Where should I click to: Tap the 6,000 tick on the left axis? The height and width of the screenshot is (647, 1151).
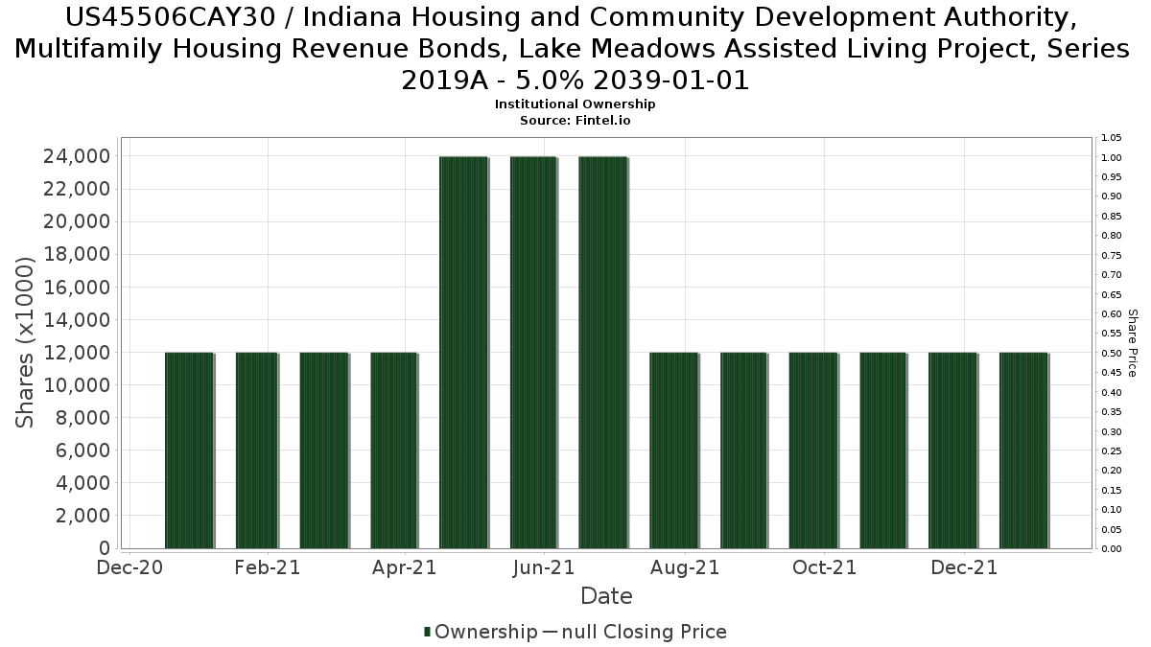coord(82,451)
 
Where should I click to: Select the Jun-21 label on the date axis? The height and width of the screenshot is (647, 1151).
coord(544,567)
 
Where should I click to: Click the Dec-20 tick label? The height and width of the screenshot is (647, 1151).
coord(129,567)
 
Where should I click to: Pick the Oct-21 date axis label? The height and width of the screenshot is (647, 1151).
coord(824,567)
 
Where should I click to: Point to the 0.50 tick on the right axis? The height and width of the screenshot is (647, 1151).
coord(1112,353)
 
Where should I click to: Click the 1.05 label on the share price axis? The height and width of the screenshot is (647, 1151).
coord(1112,138)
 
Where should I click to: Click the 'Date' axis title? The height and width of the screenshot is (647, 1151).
coord(606,596)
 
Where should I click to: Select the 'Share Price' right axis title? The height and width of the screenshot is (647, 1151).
coord(1133,342)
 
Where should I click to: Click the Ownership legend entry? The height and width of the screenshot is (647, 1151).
coord(481,632)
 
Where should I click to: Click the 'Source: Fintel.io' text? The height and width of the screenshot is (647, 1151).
coord(575,121)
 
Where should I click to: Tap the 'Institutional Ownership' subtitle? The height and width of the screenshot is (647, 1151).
coord(575,104)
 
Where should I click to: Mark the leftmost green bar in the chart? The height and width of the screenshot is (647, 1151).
coord(189,450)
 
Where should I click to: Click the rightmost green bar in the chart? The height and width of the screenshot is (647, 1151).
coord(1023,450)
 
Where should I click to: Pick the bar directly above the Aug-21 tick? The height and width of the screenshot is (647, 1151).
coord(674,450)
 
